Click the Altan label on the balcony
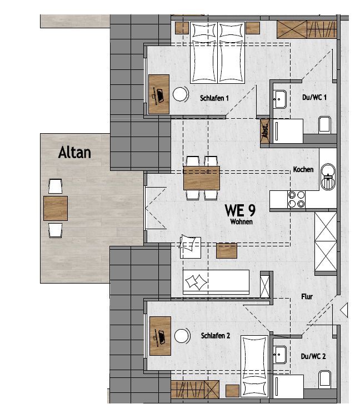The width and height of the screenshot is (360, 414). [x=74, y=153]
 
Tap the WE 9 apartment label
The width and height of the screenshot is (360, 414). [x=240, y=210]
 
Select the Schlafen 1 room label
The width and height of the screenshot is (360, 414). [x=214, y=98]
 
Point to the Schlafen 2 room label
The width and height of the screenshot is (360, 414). [x=216, y=336]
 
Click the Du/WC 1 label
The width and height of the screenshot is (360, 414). [x=314, y=97]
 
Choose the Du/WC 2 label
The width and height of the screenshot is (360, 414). [x=313, y=356]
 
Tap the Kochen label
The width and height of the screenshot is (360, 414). [x=303, y=169]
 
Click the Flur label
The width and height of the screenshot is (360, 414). [x=307, y=296]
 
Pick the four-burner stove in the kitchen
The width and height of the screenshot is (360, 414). [x=296, y=200]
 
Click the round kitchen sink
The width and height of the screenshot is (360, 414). [x=328, y=177]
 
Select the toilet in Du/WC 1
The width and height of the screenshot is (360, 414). [x=325, y=125]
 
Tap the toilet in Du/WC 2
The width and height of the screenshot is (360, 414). [x=325, y=379]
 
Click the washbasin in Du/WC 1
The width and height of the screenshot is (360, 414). [x=279, y=99]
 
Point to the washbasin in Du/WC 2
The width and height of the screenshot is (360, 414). [x=279, y=355]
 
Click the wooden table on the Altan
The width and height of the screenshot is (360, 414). [x=56, y=208]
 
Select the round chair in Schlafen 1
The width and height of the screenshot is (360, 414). [x=181, y=94]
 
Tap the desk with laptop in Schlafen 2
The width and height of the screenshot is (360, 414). [x=160, y=336]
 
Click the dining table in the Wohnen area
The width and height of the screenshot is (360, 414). [x=202, y=178]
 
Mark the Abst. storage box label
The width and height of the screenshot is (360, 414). [x=265, y=131]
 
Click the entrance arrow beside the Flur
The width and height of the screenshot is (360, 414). [x=344, y=310]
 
